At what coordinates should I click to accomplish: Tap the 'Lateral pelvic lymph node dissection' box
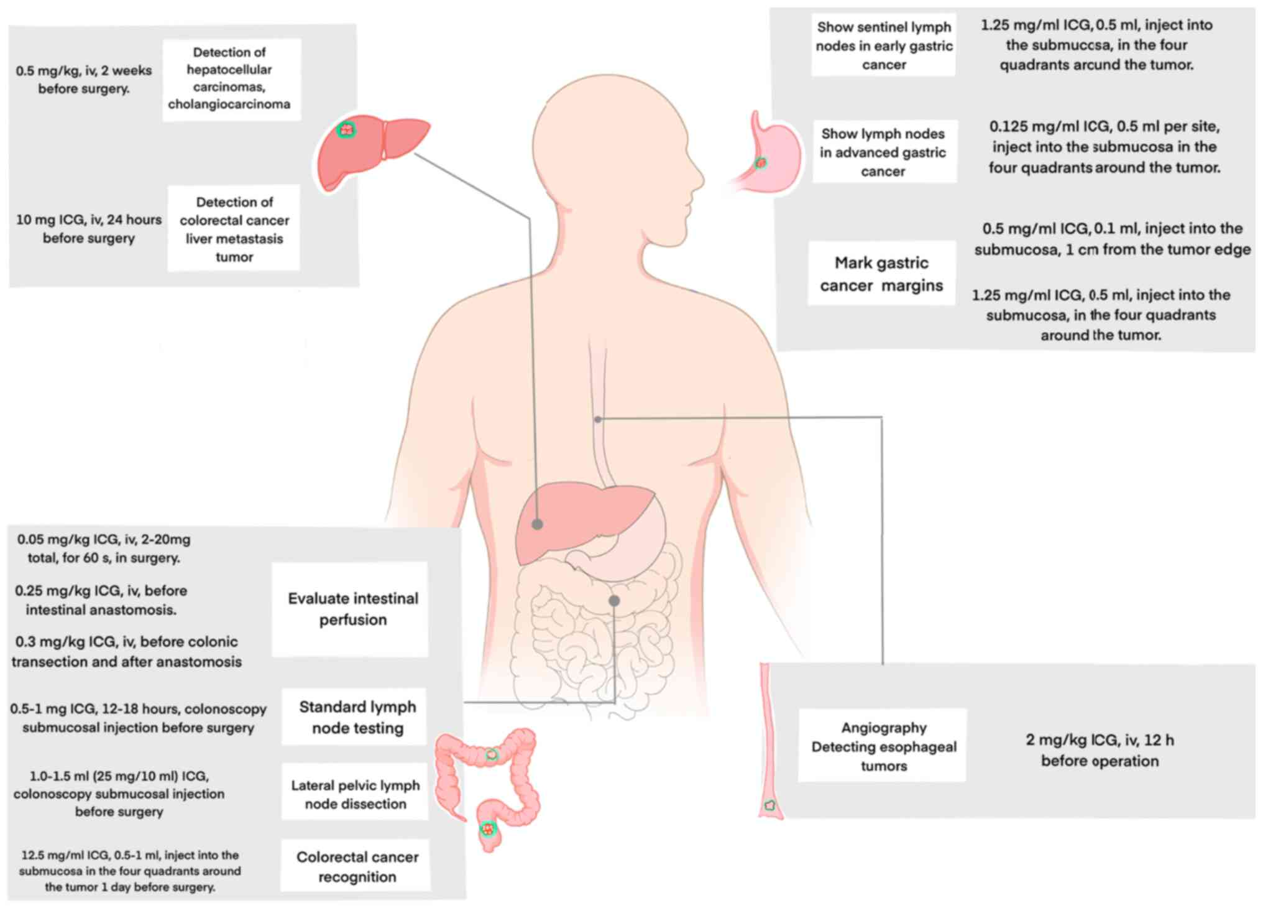[355, 794]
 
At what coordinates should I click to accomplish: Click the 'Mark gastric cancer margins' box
[881, 274]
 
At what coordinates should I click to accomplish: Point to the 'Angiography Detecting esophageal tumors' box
[883, 746]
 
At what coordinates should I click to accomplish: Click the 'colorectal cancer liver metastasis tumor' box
[234, 228]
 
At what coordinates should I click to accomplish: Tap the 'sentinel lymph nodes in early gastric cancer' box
[883, 45]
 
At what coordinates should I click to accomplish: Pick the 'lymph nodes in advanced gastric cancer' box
[884, 152]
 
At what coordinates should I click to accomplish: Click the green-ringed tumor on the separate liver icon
[346, 129]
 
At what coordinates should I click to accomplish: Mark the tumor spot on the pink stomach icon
[761, 163]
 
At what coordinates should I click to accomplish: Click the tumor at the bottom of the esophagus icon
[769, 805]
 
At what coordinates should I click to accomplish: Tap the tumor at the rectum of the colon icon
[488, 828]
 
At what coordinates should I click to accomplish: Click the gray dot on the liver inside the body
[538, 524]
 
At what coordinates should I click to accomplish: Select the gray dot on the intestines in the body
[614, 600]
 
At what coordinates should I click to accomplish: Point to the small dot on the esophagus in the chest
[598, 419]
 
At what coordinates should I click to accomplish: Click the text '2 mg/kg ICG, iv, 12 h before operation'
[1100, 750]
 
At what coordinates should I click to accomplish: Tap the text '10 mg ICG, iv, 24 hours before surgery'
[89, 228]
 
